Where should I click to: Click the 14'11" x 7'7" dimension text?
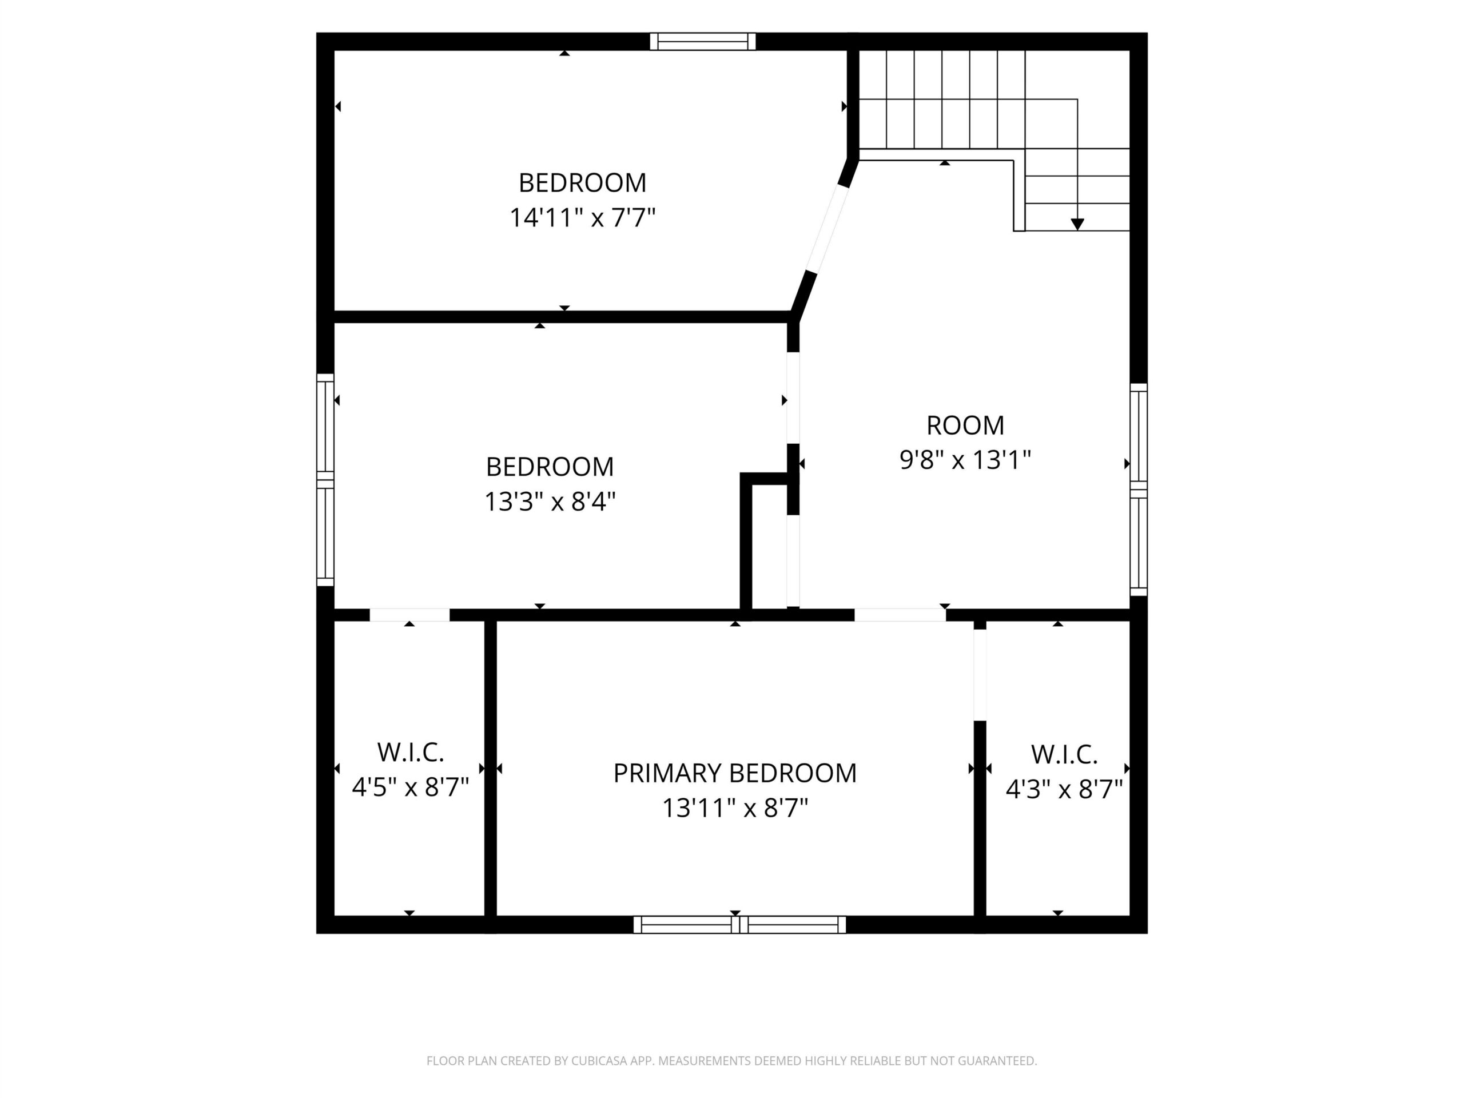[x=582, y=217]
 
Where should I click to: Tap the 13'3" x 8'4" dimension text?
[x=550, y=502]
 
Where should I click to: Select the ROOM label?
[x=965, y=425]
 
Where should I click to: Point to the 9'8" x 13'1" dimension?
[x=965, y=459]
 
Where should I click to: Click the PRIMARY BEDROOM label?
[x=735, y=773]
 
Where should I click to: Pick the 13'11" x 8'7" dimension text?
[x=735, y=807]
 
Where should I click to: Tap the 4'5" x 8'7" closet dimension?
[x=411, y=787]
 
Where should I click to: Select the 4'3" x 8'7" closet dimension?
[x=1064, y=789]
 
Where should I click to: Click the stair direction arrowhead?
[x=1077, y=224]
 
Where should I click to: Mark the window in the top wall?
[x=702, y=41]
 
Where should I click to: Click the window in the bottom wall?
[x=740, y=925]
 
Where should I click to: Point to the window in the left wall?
[x=325, y=480]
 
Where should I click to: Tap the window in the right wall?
[x=1139, y=490]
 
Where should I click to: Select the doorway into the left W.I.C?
[x=409, y=615]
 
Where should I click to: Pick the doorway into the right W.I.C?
[x=980, y=674]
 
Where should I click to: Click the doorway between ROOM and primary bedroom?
[x=900, y=615]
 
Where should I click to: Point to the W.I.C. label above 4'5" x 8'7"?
[x=411, y=753]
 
